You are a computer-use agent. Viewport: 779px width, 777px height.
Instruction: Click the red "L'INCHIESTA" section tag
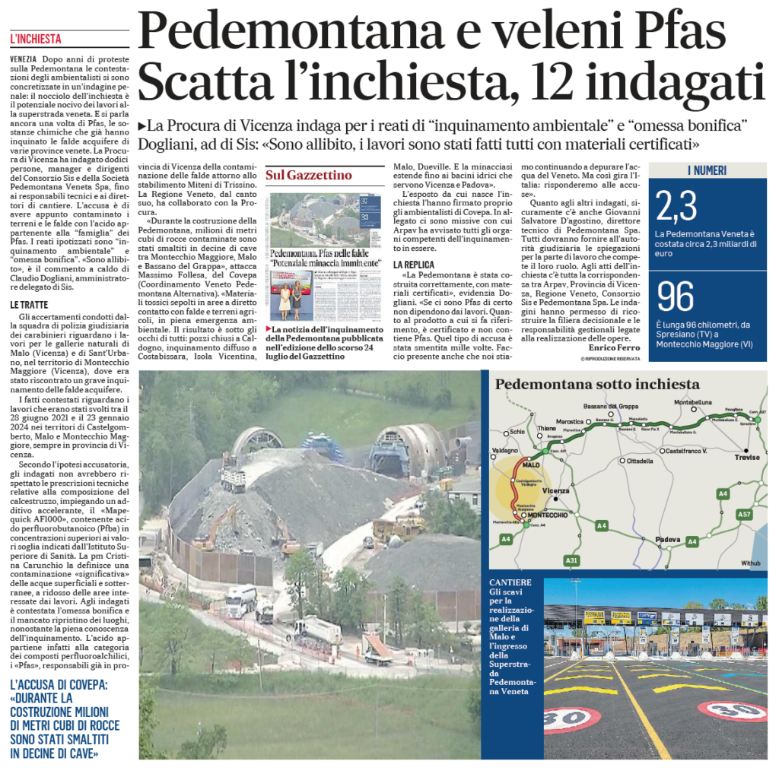coord(36,39)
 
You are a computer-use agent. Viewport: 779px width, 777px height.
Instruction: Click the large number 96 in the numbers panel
coord(675,298)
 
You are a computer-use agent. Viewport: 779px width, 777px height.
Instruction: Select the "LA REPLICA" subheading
coord(415,264)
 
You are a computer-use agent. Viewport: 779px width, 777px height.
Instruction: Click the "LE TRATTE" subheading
coord(31,304)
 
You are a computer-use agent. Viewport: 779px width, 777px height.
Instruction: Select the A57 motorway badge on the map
coord(745,515)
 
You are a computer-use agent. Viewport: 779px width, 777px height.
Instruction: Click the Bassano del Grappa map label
coord(611,407)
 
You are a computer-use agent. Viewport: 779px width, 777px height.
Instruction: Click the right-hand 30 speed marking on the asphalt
coord(732,710)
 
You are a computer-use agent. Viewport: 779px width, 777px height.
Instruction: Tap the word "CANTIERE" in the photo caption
coord(510,582)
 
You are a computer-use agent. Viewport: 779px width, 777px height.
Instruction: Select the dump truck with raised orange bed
coord(378,646)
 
